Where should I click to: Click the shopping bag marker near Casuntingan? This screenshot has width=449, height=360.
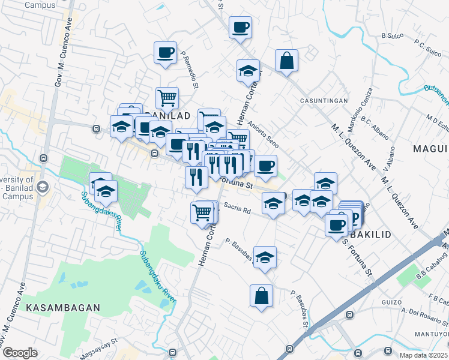pos(287,61)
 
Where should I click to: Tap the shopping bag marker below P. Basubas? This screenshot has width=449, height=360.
pos(261,296)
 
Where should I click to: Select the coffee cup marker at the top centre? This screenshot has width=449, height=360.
pos(240,28)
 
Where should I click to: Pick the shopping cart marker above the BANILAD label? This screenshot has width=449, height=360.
pos(167,97)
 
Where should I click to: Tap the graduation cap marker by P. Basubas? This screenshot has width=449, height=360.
pos(265,257)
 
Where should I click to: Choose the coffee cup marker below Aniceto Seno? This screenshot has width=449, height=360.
pos(265,166)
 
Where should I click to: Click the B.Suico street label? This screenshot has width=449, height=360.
pos(391,36)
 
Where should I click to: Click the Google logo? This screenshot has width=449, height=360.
pos(20,353)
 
